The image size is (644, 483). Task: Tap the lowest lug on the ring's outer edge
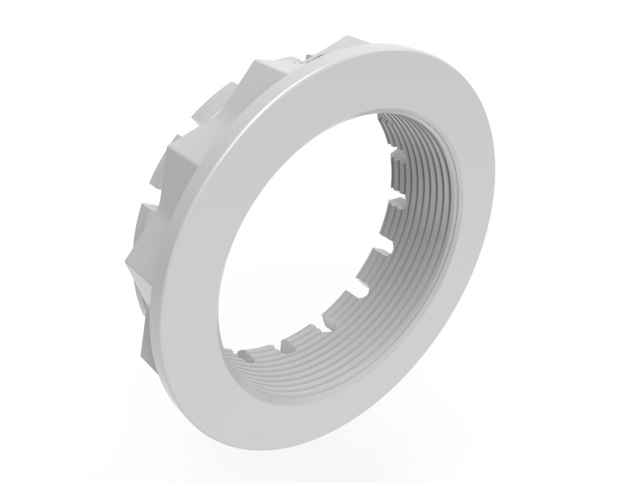148,338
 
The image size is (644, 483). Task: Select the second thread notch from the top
396,201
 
